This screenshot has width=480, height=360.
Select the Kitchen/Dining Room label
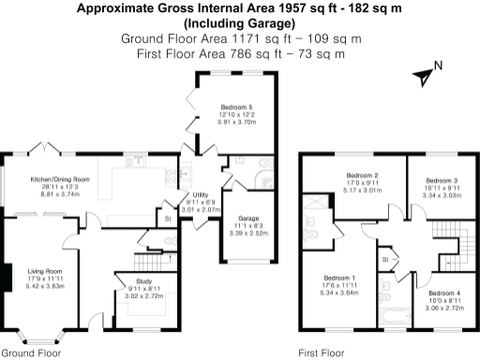tap(61, 178)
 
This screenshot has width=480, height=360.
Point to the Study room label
tap(143, 280)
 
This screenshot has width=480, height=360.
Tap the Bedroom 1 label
tap(339, 277)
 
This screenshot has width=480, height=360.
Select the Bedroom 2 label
tap(362, 176)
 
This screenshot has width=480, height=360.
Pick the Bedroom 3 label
tap(442, 180)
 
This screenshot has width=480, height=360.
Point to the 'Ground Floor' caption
tap(31, 353)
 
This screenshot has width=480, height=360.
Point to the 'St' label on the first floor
tap(384, 257)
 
